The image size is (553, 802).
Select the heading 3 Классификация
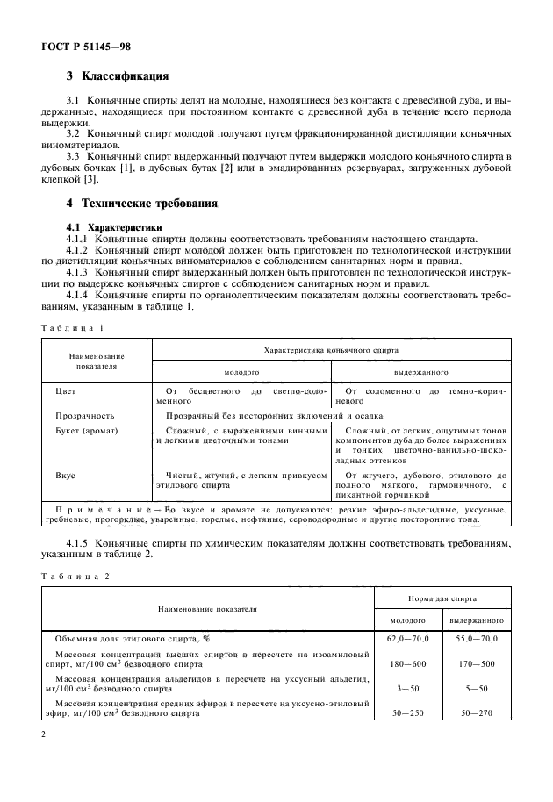(x=118, y=76)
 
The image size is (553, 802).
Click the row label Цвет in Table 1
(x=65, y=389)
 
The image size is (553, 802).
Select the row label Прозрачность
(x=84, y=415)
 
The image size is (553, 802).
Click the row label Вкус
(x=65, y=476)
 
